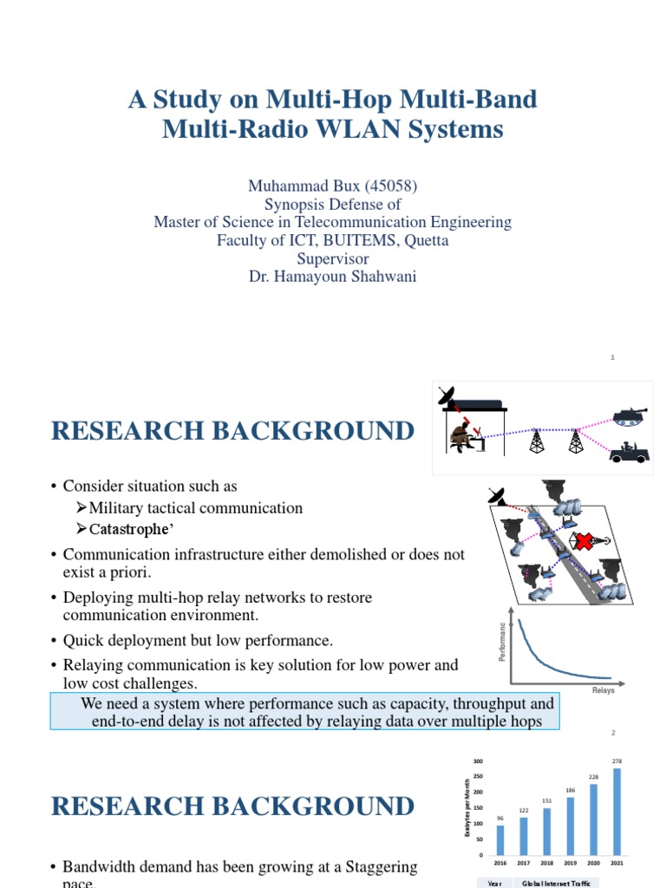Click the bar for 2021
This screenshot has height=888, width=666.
pyautogui.click(x=617, y=811)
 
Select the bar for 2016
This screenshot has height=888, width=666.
pyautogui.click(x=500, y=839)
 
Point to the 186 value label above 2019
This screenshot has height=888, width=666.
pyautogui.click(x=570, y=790)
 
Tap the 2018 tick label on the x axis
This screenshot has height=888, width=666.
pyautogui.click(x=546, y=864)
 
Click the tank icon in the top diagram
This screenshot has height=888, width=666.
pyautogui.click(x=630, y=415)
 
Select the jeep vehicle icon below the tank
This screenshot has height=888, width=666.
pyautogui.click(x=629, y=453)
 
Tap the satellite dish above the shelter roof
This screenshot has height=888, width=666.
pyautogui.click(x=447, y=397)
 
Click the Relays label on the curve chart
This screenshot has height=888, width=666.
pyautogui.click(x=603, y=690)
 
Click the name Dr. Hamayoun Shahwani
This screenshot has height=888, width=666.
pyautogui.click(x=333, y=277)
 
